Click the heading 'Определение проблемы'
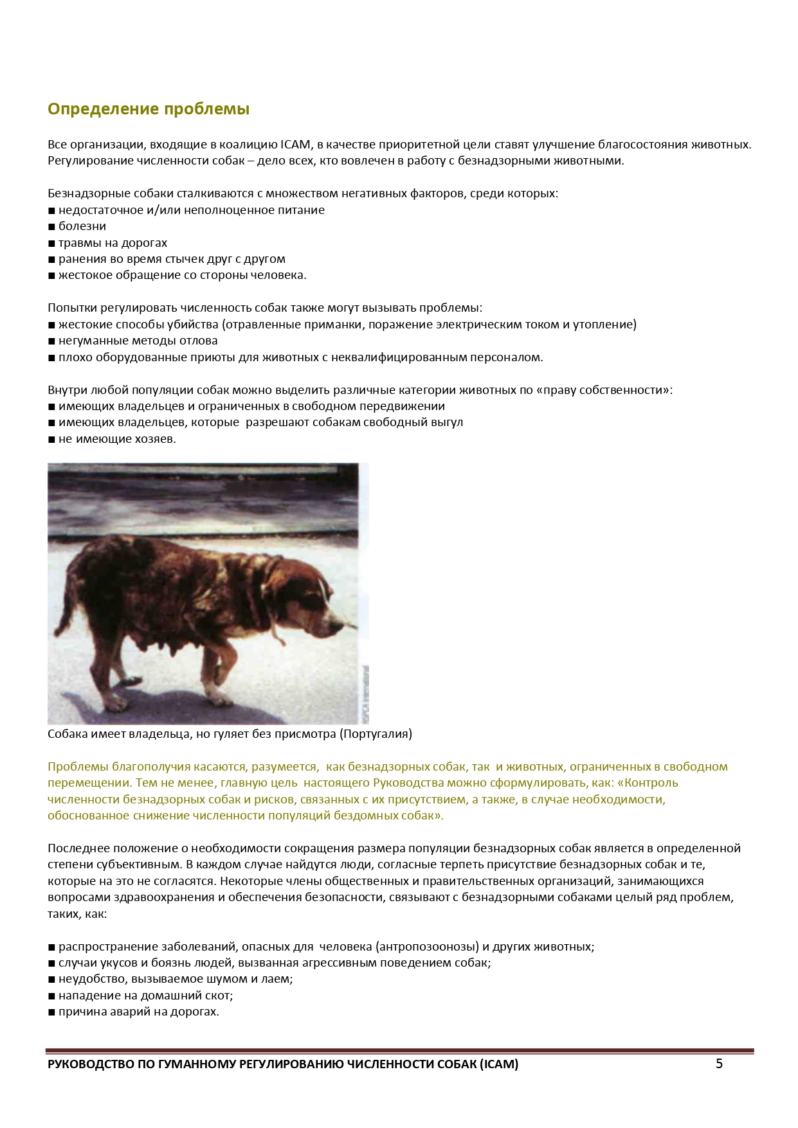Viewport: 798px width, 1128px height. (x=149, y=109)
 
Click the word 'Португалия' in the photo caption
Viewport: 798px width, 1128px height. (x=376, y=734)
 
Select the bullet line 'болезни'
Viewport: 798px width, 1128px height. (x=82, y=226)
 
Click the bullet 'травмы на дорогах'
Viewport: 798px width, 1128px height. (x=113, y=243)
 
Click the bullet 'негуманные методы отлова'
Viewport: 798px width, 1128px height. (x=138, y=341)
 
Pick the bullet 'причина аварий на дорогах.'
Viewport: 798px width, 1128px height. (x=138, y=1012)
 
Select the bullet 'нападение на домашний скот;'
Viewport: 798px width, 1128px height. (x=145, y=996)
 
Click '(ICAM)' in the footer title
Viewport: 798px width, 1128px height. (x=498, y=1064)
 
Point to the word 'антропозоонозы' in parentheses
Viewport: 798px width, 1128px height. (x=428, y=947)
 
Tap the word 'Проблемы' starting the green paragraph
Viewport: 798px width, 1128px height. (x=78, y=767)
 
